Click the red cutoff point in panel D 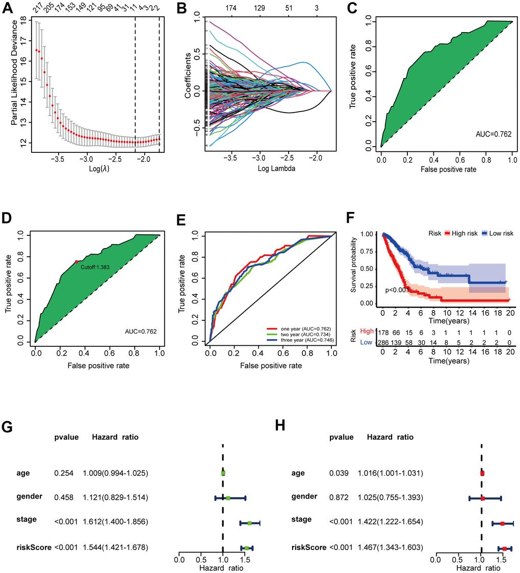tap(76, 262)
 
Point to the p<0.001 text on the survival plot tap(398, 290)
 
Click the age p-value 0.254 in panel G tap(63, 473)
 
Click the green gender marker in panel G tap(228, 498)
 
